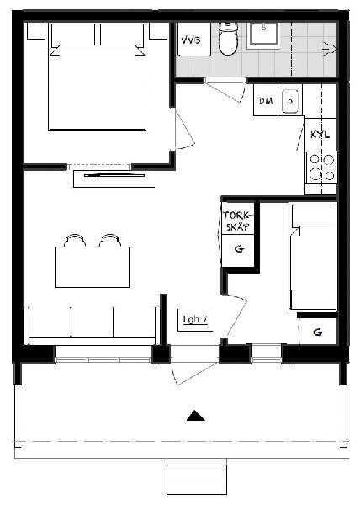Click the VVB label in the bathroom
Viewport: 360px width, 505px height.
(190, 40)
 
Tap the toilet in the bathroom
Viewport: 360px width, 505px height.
(228, 39)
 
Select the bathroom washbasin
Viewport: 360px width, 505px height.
(263, 34)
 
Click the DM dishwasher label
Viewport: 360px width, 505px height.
(266, 101)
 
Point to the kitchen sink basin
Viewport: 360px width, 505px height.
(290, 102)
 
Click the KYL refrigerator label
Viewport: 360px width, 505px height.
(320, 135)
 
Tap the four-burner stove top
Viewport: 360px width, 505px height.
(321, 167)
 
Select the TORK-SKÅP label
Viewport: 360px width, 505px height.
(238, 221)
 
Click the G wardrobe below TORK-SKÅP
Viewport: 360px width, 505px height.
(239, 250)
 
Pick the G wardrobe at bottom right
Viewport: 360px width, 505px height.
(318, 332)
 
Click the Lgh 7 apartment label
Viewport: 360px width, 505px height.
(195, 320)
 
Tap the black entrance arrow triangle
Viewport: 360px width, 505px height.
(196, 416)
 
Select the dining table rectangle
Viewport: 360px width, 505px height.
(92, 267)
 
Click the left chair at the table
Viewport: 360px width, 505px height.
(75, 240)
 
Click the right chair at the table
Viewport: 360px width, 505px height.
(110, 240)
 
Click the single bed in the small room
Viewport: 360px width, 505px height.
(313, 257)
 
